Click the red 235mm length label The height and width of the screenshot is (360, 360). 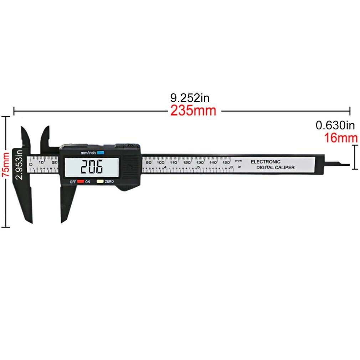pos(193,111)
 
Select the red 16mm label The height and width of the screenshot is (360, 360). pos(341,138)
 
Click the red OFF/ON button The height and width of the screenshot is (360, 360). pos(81,181)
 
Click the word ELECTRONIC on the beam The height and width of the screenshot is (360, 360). pos(266,162)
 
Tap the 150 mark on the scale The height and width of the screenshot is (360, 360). pos(226,162)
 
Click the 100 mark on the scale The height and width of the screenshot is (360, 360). pos(161,162)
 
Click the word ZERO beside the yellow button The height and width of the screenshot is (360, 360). pos(109,182)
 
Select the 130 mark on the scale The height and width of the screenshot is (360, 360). pos(200,162)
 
